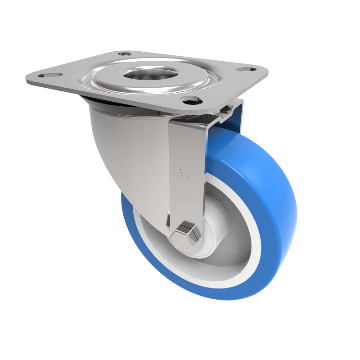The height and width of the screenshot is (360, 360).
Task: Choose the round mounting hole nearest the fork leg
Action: (x=190, y=100)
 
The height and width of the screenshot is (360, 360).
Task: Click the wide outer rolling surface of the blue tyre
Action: (x=270, y=216)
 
